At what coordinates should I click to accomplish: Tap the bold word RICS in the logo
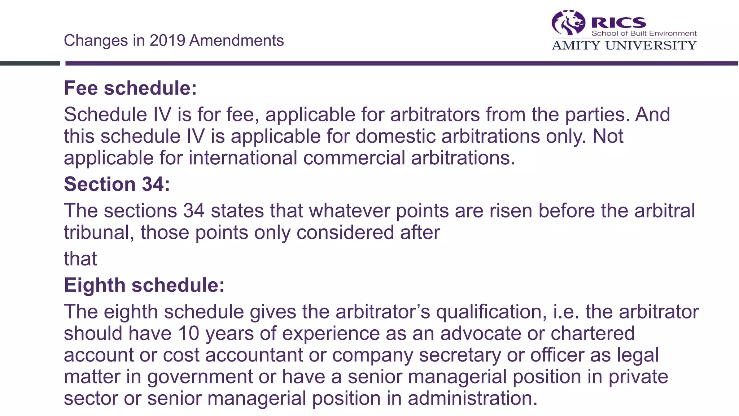618,23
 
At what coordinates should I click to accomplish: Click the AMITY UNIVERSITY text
624,45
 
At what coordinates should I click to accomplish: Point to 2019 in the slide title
167,40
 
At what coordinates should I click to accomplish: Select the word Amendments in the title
237,40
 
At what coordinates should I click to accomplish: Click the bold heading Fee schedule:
130,88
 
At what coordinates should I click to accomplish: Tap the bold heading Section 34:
117,184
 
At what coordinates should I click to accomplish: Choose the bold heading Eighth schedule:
144,285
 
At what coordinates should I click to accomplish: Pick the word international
242,158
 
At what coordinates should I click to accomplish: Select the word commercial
354,158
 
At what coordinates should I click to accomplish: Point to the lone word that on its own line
80,259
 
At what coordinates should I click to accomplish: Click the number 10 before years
188,333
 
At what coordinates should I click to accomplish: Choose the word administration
472,398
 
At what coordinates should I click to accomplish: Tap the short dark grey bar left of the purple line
30,64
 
